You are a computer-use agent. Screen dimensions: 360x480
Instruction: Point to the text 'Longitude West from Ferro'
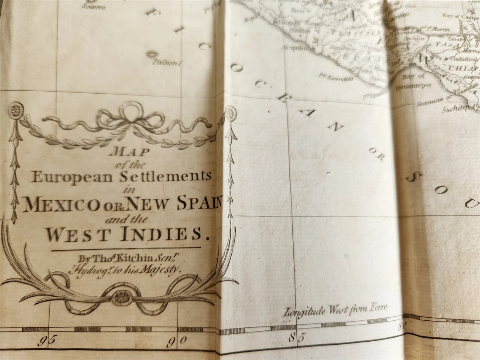(x=335, y=310)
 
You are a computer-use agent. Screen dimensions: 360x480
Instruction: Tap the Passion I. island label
(x=168, y=63)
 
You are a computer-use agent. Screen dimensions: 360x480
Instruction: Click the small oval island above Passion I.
(x=151, y=55)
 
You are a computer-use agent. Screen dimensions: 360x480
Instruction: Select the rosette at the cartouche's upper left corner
(x=16, y=110)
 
